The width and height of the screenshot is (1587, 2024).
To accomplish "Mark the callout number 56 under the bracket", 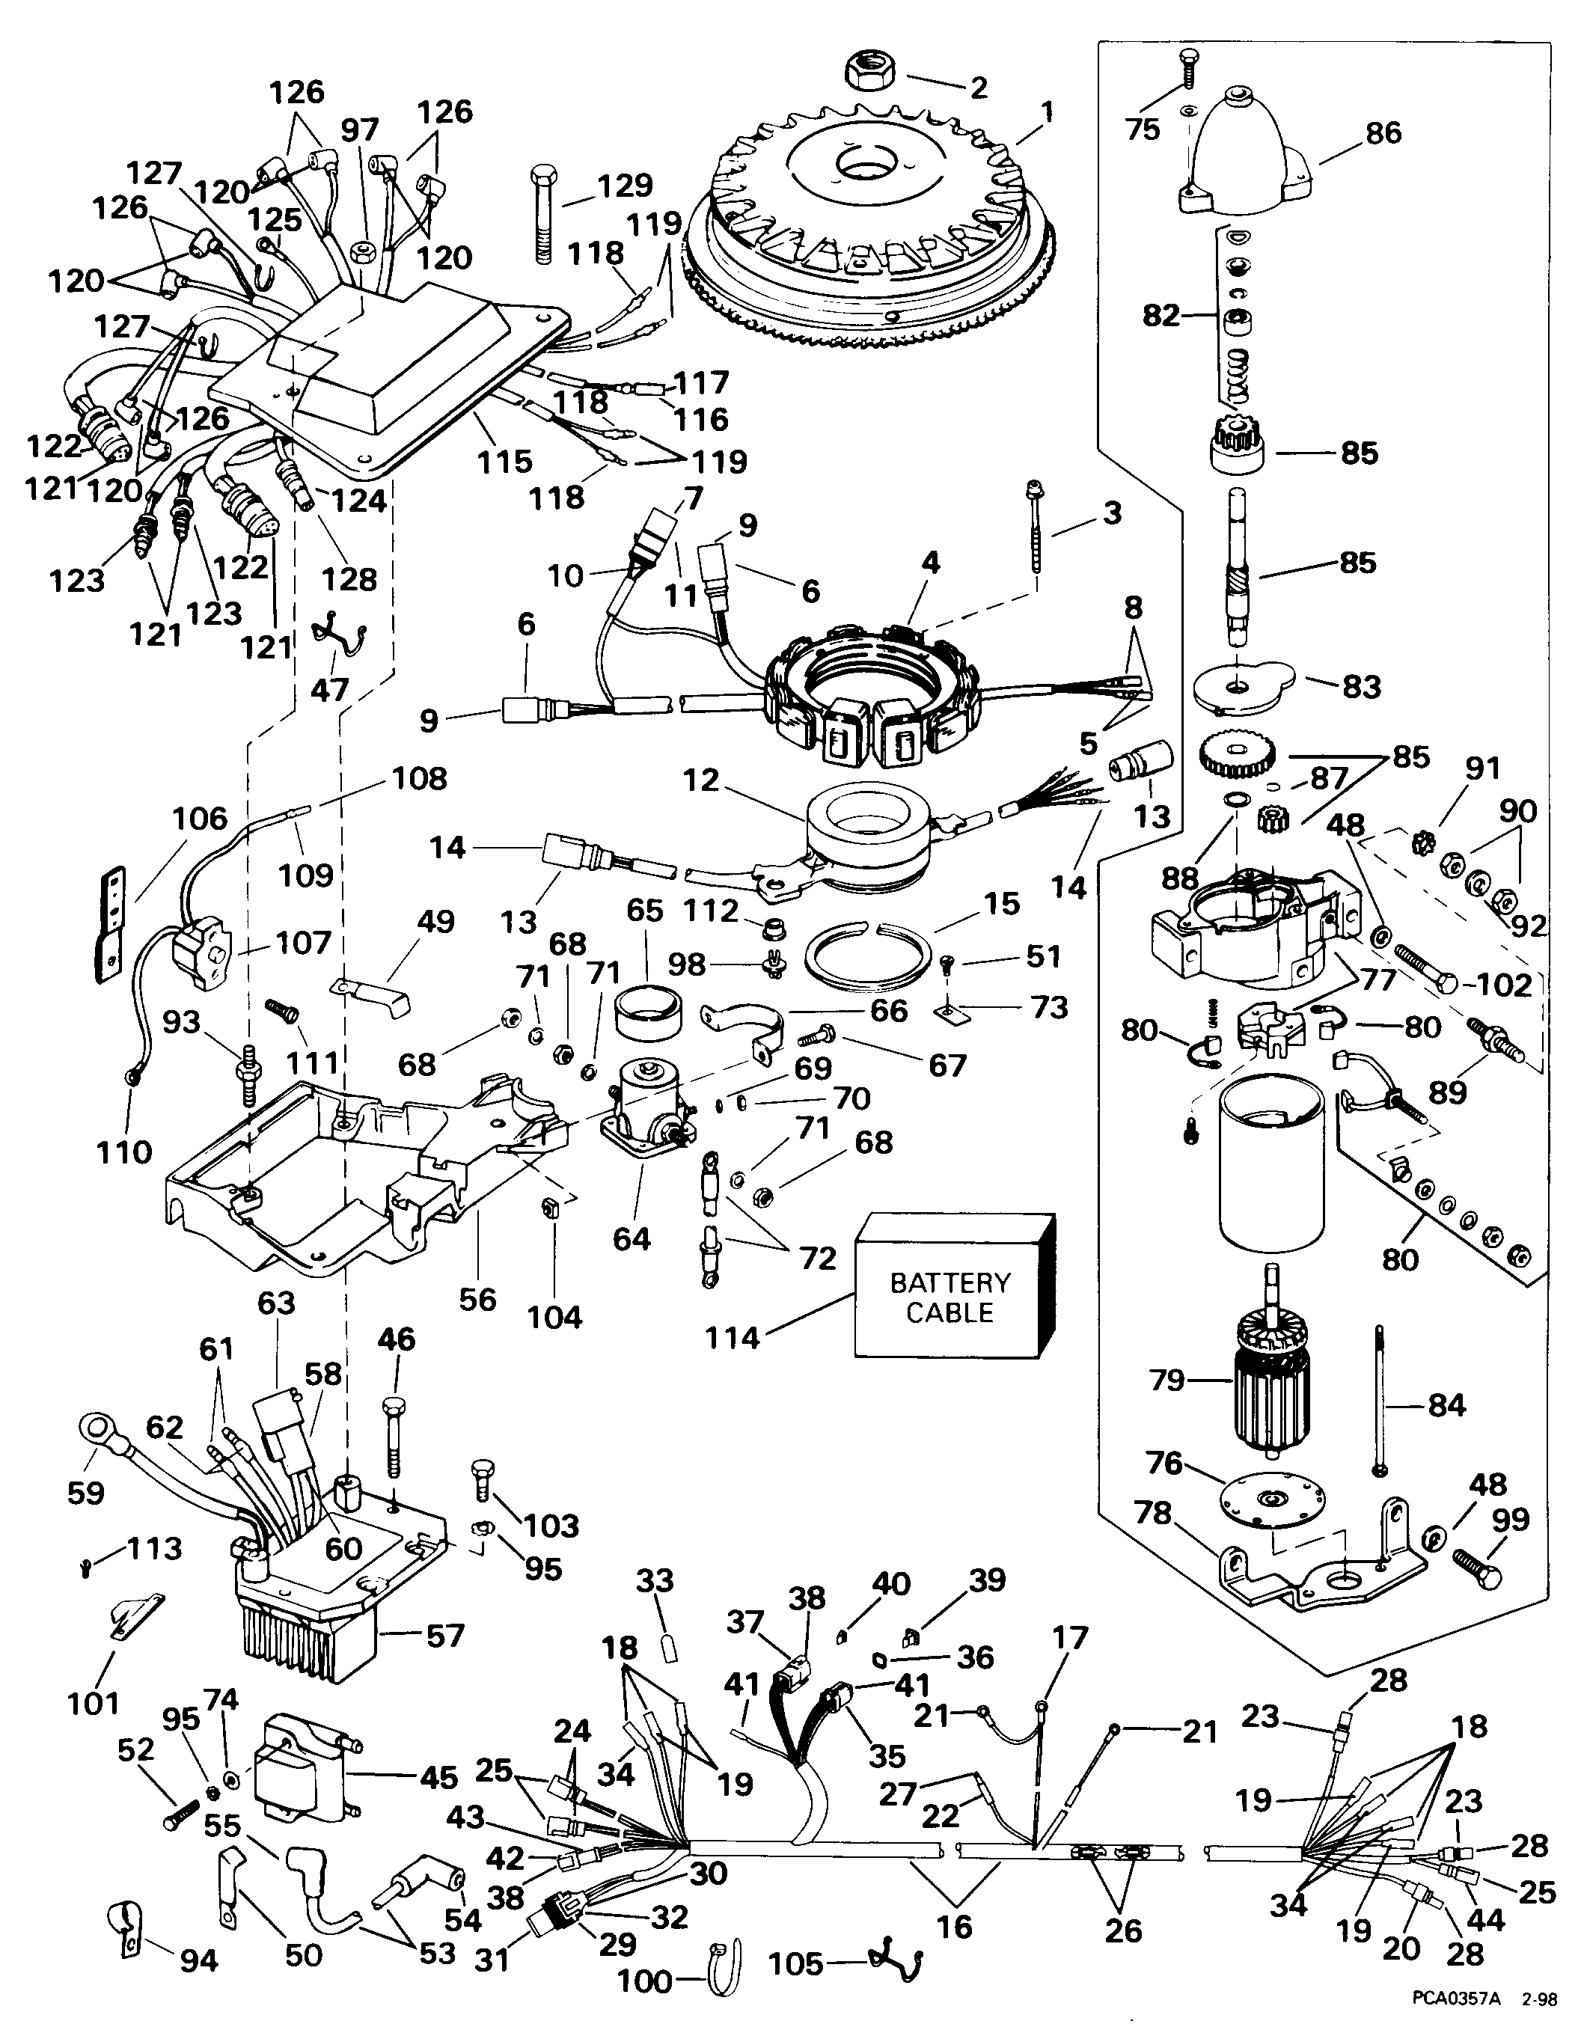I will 477,1297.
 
